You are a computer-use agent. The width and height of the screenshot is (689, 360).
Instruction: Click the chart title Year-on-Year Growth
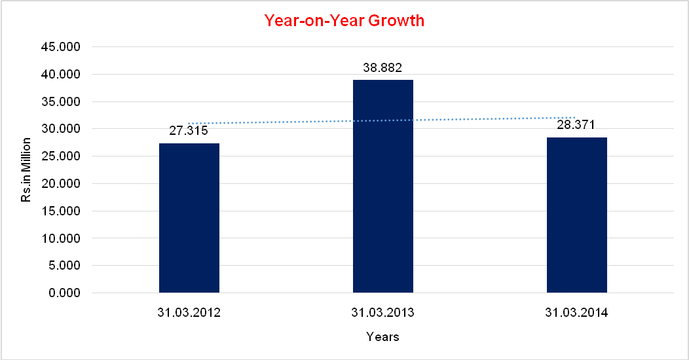[x=344, y=21]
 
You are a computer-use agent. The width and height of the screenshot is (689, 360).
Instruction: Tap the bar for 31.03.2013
[x=383, y=186]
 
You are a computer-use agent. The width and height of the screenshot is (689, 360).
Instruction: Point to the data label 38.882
[x=382, y=67]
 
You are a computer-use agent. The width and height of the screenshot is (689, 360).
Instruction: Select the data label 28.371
[x=576, y=124]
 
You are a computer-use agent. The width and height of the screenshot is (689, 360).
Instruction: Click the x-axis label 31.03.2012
[x=189, y=313]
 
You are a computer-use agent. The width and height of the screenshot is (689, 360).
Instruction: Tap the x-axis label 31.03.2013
[x=382, y=313]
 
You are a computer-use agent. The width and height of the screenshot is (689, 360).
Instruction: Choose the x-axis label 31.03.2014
[x=576, y=313]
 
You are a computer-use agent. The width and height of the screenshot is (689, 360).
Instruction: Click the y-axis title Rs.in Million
[x=26, y=170]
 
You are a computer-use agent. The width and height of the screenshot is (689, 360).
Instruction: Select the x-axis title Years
[x=382, y=337]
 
